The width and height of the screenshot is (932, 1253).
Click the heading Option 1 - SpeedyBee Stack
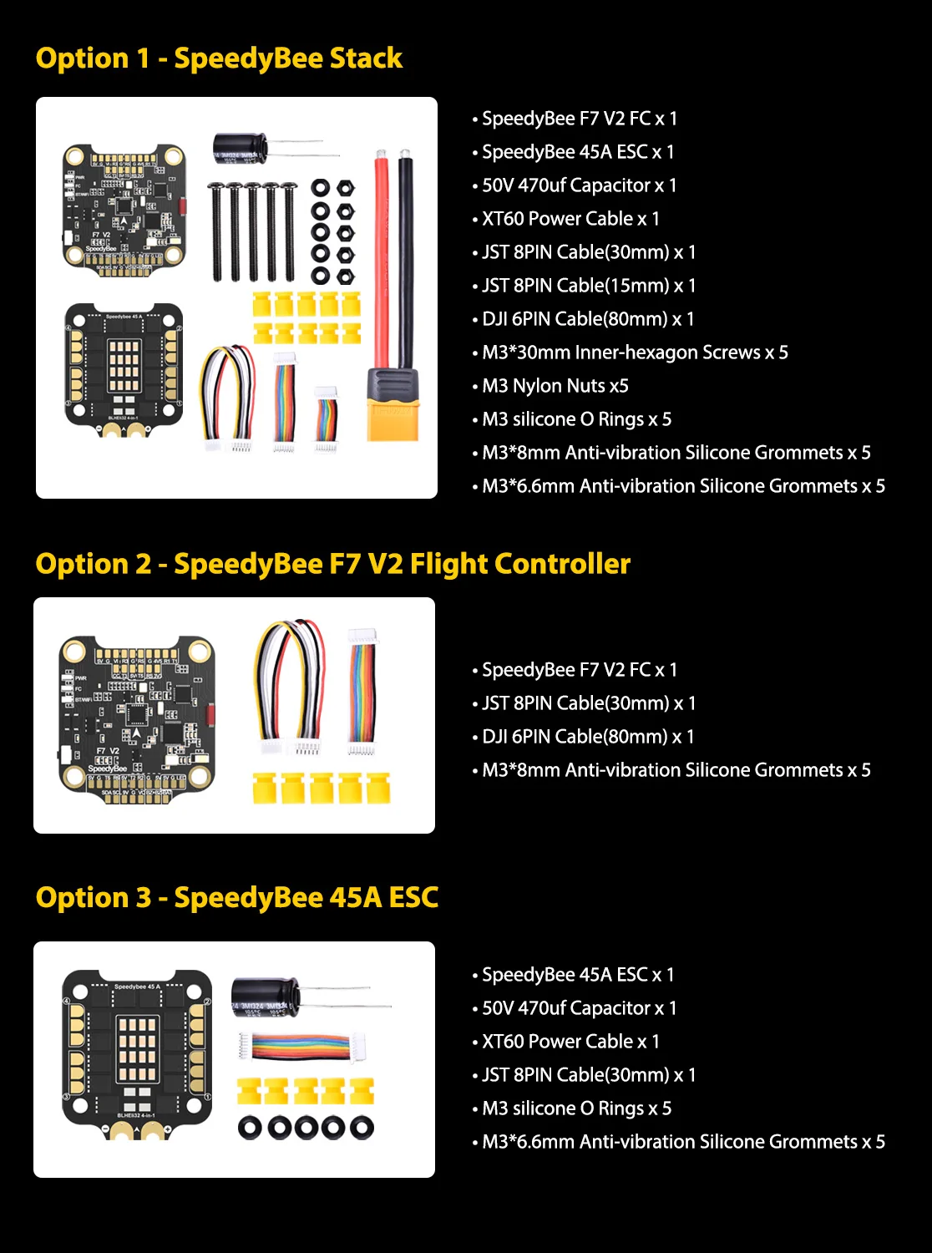click(x=219, y=58)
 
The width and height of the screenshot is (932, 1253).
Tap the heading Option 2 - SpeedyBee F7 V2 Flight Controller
click(x=332, y=564)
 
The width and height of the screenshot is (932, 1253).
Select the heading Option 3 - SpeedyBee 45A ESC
click(x=237, y=897)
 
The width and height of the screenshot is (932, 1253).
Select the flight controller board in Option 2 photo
click(x=136, y=719)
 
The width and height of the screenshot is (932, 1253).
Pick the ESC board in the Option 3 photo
click(x=137, y=1053)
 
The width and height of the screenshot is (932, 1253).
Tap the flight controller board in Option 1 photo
click(x=124, y=205)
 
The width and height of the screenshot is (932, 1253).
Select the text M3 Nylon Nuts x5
click(x=555, y=386)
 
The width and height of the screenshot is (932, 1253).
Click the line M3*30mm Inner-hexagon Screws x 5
click(x=635, y=353)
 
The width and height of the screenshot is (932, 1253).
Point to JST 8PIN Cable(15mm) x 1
click(x=588, y=286)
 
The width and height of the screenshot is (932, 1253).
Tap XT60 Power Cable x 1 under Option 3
click(x=570, y=1042)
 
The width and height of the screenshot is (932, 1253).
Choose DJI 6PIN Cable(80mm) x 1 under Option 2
click(x=588, y=737)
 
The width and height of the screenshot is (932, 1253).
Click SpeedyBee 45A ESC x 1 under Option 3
click(x=577, y=975)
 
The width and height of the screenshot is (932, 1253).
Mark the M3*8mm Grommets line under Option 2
click(x=676, y=770)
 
